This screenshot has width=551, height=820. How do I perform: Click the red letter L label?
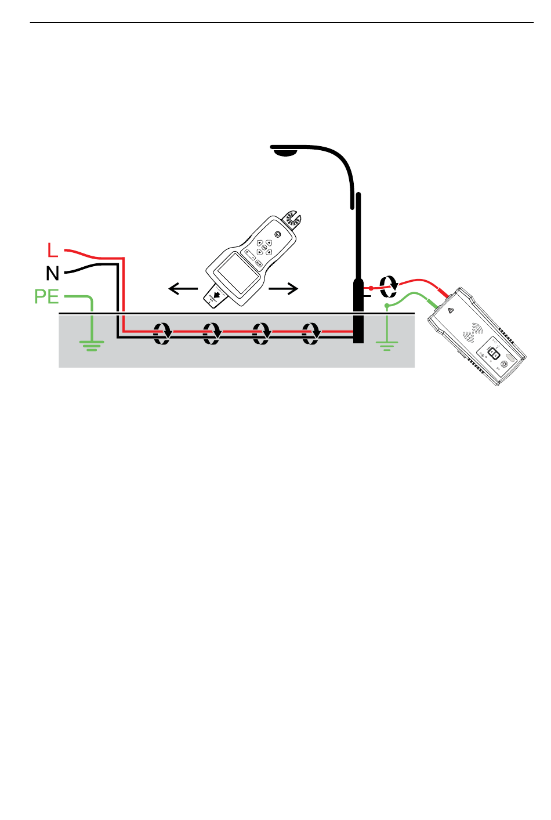pyautogui.click(x=52, y=250)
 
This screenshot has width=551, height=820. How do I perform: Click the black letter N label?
pyautogui.click(x=52, y=273)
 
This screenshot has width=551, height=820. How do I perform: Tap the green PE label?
pyautogui.click(x=46, y=296)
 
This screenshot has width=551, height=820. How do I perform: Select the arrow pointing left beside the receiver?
pyautogui.click(x=183, y=288)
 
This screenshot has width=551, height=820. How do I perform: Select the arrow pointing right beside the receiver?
pyautogui.click(x=284, y=288)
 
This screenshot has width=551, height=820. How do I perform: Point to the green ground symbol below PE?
pyautogui.click(x=92, y=345)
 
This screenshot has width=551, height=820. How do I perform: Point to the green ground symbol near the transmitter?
pyautogui.click(x=387, y=345)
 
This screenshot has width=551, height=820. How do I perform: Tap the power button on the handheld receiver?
pyautogui.click(x=277, y=234)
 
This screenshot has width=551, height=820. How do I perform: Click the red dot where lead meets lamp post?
pyautogui.click(x=371, y=288)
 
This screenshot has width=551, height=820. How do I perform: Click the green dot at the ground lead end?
pyautogui.click(x=387, y=305)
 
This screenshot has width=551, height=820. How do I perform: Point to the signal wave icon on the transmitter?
pyautogui.click(x=473, y=332)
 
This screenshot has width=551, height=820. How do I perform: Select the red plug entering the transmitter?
pyautogui.click(x=443, y=292)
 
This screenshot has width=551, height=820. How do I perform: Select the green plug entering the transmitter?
pyautogui.click(x=432, y=303)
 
